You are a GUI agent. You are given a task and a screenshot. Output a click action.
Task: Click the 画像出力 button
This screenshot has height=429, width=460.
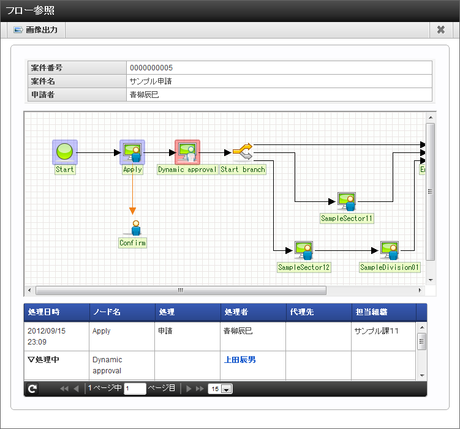(x=36, y=30)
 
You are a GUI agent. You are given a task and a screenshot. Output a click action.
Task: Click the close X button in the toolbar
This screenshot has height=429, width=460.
(x=440, y=30)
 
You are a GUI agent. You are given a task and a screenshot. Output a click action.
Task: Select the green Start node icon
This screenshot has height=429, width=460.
(x=64, y=152)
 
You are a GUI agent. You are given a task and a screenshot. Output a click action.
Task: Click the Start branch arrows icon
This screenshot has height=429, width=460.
(x=243, y=151)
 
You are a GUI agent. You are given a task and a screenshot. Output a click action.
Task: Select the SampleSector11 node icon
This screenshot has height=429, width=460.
(x=347, y=201)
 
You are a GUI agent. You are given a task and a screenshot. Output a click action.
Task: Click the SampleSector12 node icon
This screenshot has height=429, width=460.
(x=304, y=251)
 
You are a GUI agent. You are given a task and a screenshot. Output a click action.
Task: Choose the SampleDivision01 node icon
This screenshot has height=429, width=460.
(x=390, y=251)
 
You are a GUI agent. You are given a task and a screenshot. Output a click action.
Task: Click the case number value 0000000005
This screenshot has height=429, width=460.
(x=151, y=68)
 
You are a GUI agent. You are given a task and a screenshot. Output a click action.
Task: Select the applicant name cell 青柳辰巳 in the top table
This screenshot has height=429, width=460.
(x=144, y=95)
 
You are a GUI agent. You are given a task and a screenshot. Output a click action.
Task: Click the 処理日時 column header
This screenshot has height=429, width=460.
(x=43, y=312)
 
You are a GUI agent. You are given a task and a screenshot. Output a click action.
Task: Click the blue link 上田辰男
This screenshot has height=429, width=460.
(x=239, y=360)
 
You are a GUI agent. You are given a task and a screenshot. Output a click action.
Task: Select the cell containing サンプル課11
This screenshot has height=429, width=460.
(x=377, y=331)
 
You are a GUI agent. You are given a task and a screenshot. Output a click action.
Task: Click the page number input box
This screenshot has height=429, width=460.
(x=135, y=389)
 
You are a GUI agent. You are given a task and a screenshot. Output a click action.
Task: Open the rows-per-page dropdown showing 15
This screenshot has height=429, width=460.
(x=221, y=389)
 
